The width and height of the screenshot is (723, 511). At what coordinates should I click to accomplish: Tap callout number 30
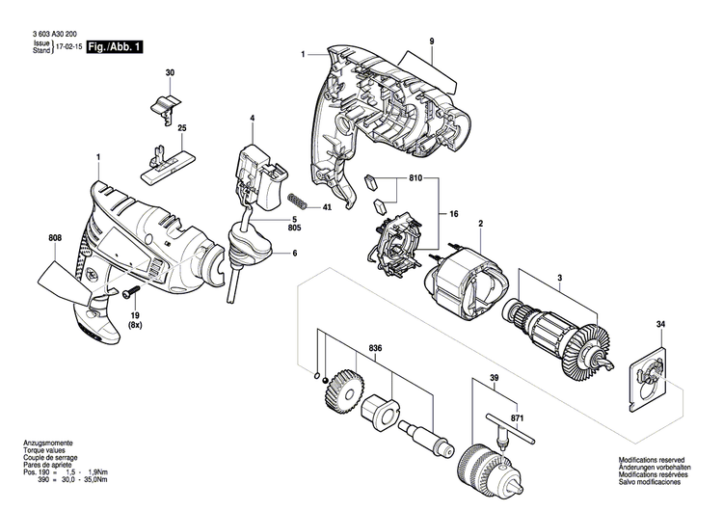point(170,74)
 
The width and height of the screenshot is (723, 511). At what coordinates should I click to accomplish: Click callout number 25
point(181,128)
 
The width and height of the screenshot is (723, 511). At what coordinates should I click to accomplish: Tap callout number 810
point(415,179)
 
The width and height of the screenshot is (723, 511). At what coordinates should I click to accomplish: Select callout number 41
point(328,207)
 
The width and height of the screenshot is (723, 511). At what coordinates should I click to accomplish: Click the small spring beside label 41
point(300,202)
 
